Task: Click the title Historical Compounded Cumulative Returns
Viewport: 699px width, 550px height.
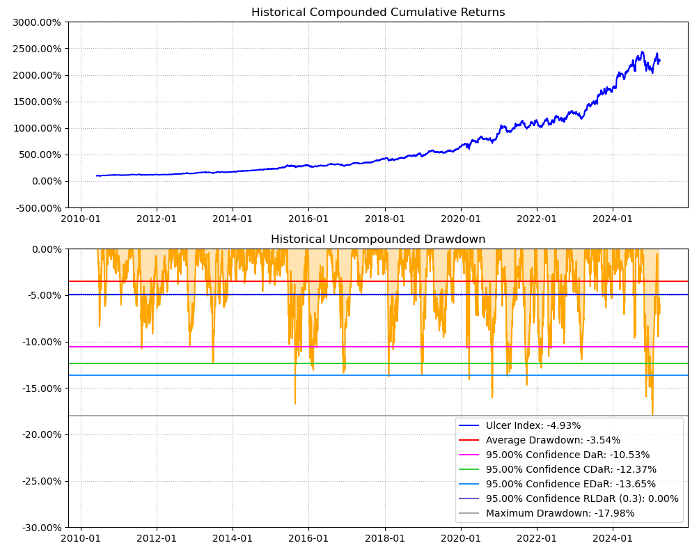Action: [378, 13]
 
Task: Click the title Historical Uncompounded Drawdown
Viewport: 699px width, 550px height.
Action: [378, 239]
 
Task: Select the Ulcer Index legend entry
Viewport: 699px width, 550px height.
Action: [533, 425]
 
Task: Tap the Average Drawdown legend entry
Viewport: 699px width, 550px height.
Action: [553, 440]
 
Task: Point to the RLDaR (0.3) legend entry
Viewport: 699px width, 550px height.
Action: [581, 498]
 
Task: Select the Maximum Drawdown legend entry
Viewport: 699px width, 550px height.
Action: [560, 513]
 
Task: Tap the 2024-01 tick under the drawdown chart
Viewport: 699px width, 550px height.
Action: [613, 537]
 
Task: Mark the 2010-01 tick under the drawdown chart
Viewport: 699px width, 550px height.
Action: [81, 537]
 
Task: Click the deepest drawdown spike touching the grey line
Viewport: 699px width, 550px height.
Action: [652, 414]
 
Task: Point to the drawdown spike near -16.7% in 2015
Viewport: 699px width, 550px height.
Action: [295, 402]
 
